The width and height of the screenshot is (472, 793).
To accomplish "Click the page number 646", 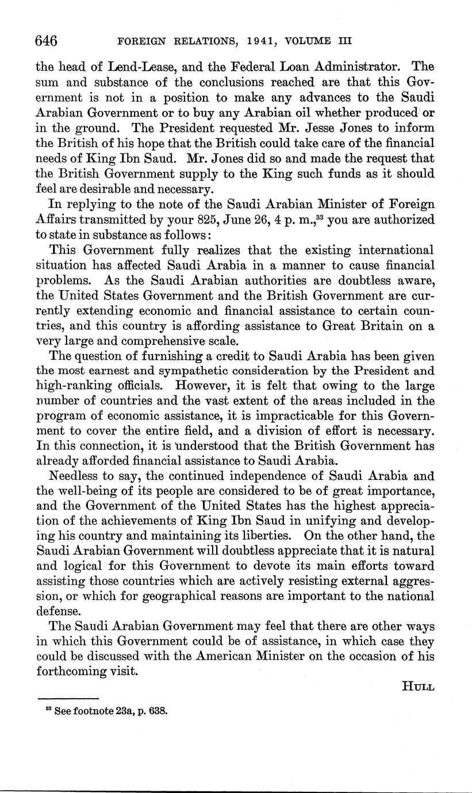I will tap(46, 41).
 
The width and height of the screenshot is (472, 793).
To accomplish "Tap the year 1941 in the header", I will tap(256, 41).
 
